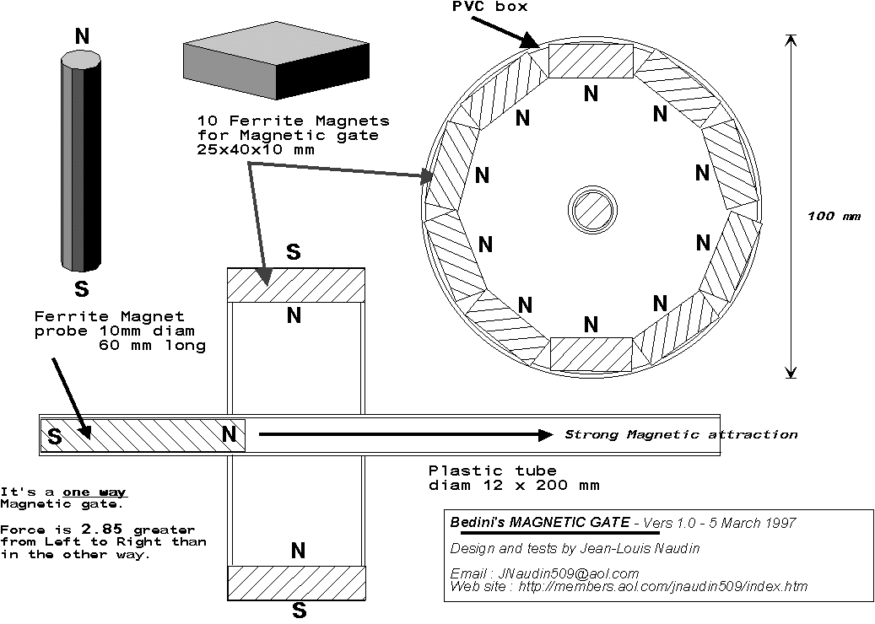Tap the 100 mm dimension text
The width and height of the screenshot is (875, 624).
point(834,216)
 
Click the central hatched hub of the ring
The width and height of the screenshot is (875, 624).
point(591,207)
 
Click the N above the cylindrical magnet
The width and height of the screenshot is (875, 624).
point(82,35)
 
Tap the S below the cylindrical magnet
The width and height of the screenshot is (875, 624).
point(82,289)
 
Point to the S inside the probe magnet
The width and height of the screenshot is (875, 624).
point(54,437)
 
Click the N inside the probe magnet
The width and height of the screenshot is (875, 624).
point(229,435)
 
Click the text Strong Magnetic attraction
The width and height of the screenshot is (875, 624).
point(680,435)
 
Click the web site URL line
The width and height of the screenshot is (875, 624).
point(629,586)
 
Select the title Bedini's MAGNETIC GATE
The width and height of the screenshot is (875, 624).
point(540,523)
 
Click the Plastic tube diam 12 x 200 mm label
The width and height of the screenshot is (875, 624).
point(514,477)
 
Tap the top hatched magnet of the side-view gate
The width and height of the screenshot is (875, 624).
point(296,284)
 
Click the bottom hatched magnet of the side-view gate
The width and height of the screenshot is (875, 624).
point(296,583)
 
